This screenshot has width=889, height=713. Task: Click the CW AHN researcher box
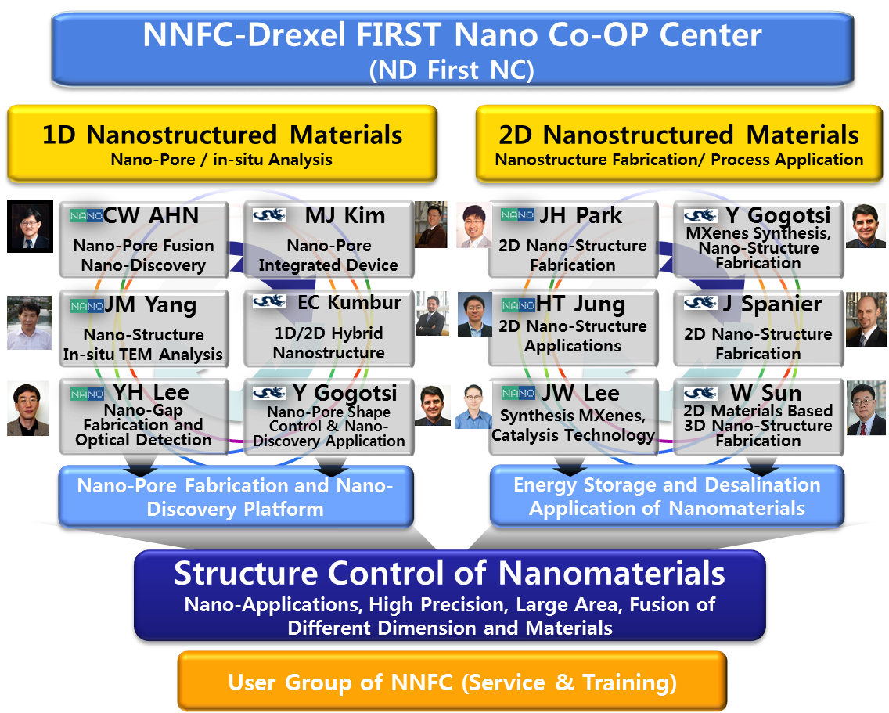[144, 240]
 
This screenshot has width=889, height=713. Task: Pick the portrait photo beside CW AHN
[31, 227]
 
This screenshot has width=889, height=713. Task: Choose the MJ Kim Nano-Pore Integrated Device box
[329, 240]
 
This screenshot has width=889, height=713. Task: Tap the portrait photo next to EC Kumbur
[431, 314]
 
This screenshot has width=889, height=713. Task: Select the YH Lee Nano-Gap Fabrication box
[144, 416]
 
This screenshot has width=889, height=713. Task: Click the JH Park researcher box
[573, 240]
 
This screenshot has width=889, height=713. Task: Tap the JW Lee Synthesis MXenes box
[573, 416]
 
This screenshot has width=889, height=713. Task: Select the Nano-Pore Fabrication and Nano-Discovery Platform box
[235, 497]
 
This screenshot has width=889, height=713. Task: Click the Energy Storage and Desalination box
[667, 496]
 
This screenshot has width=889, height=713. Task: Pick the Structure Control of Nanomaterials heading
[449, 574]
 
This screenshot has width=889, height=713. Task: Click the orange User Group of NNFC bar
[452, 682]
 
